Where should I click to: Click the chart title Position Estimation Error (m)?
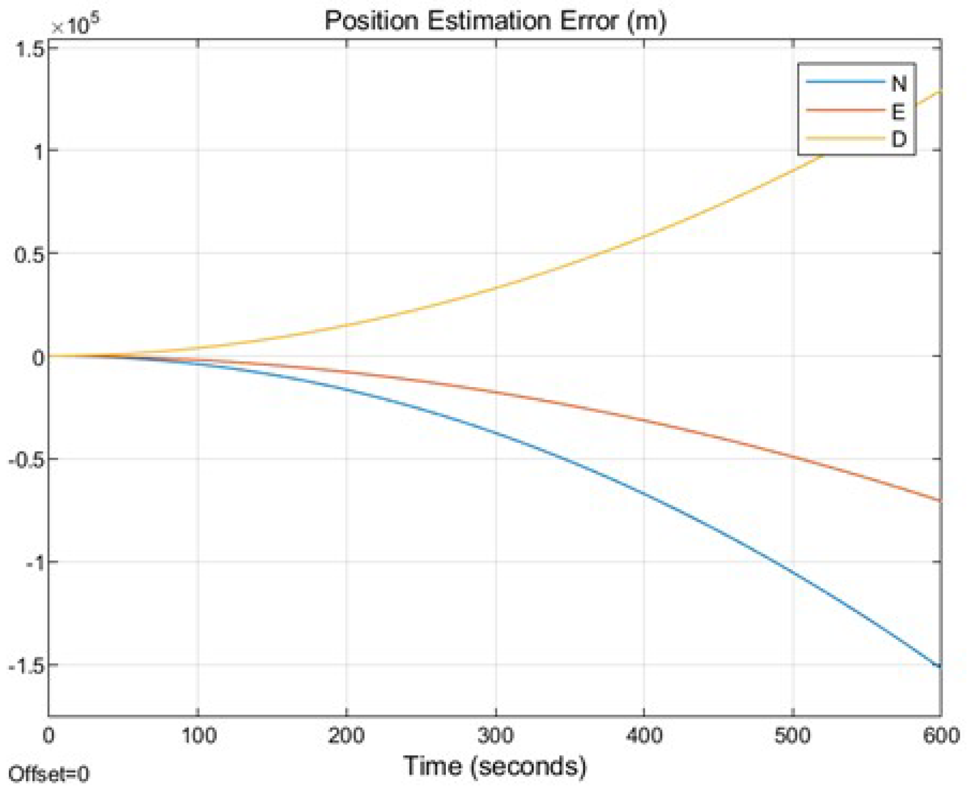[x=495, y=21]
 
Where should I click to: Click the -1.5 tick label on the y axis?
[x=26, y=666]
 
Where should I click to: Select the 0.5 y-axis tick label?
[x=29, y=255]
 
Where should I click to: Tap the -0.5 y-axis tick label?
[x=26, y=460]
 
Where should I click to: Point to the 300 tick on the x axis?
[x=495, y=735]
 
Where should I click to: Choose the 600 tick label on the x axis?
[x=941, y=735]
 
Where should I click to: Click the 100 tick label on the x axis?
[x=199, y=735]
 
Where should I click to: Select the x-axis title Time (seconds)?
[x=495, y=766]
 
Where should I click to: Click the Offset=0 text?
[x=49, y=774]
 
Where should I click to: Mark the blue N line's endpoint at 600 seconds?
[x=940, y=666]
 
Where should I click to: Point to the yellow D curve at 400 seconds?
[x=644, y=237]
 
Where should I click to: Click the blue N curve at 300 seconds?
[x=496, y=433]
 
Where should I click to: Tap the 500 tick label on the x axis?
[x=792, y=735]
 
